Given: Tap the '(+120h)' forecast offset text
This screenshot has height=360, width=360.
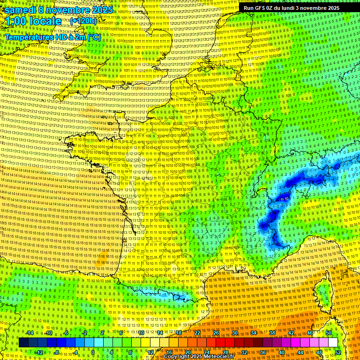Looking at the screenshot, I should coord(83,21).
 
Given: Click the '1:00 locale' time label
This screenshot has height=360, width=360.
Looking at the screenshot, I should coord(33,22).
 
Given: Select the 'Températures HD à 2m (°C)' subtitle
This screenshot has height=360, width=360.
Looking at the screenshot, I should coord(52,37).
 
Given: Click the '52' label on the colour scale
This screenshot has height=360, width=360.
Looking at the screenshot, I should coord(338,352).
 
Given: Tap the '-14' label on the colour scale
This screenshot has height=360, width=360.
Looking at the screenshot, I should coord(30,333).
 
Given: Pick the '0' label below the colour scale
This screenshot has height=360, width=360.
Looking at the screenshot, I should coord(93,352).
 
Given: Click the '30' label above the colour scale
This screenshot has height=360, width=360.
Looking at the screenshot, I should coord(235,333).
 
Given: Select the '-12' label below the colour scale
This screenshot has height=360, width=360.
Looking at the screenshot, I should coord(39,352).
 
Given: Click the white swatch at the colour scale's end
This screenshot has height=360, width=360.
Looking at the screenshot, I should coord(333,343).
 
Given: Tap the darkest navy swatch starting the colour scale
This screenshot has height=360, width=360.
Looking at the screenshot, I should coord(23,343).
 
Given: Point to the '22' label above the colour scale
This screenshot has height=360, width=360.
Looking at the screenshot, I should coord(197,333).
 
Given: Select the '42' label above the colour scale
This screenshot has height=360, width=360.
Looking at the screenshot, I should coord(291,333).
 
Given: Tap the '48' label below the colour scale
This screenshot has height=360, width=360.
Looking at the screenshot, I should coord(319,352).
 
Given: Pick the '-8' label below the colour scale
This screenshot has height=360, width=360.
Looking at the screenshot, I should coord(57,352).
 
